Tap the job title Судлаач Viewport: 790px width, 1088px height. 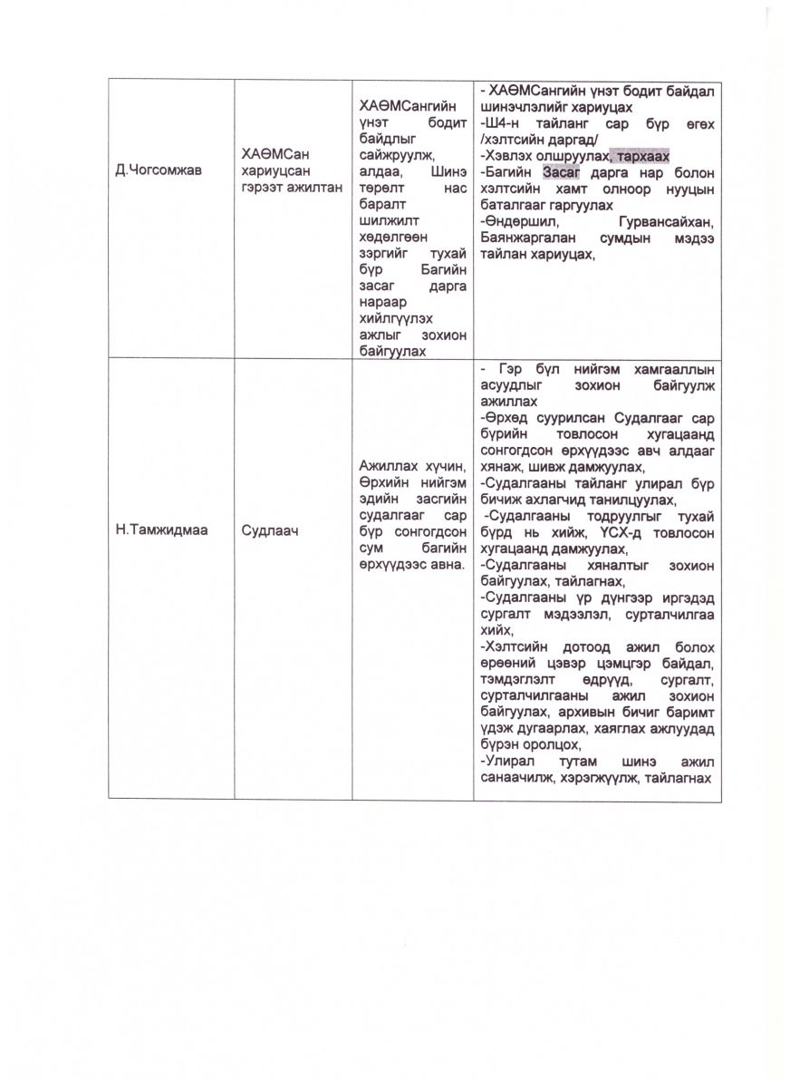pos(269,529)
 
